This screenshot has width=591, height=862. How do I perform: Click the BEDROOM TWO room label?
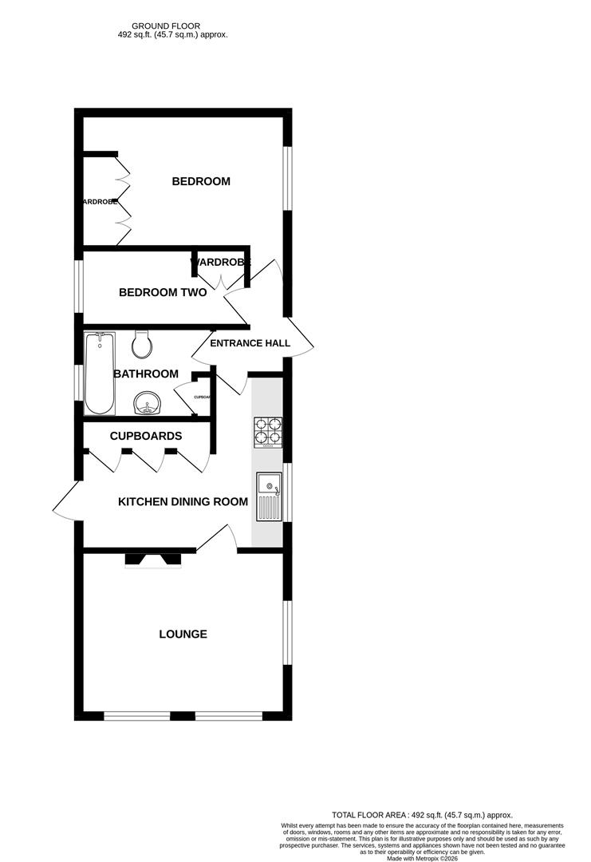coord(163,293)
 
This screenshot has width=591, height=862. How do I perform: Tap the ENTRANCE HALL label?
coord(250,343)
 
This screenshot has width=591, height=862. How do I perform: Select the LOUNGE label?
coord(183,635)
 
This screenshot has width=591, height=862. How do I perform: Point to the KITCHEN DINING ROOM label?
coord(183,502)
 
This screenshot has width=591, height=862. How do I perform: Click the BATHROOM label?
coord(145,374)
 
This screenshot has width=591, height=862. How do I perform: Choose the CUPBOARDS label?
coord(146,436)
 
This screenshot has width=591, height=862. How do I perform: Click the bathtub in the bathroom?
coord(100,373)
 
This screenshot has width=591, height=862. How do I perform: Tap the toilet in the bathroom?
coord(142,345)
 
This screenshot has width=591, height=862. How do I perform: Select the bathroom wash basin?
coord(146,404)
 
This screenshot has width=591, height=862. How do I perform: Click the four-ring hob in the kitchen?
coord(268,431)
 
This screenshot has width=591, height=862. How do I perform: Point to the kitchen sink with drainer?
coord(269,497)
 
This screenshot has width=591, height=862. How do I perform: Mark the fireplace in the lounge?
coord(154,560)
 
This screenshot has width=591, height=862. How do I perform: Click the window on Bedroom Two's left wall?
coord(79,286)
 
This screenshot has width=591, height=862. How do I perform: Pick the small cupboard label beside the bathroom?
coord(202,397)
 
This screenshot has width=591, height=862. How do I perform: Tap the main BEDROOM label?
coord(201,181)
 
